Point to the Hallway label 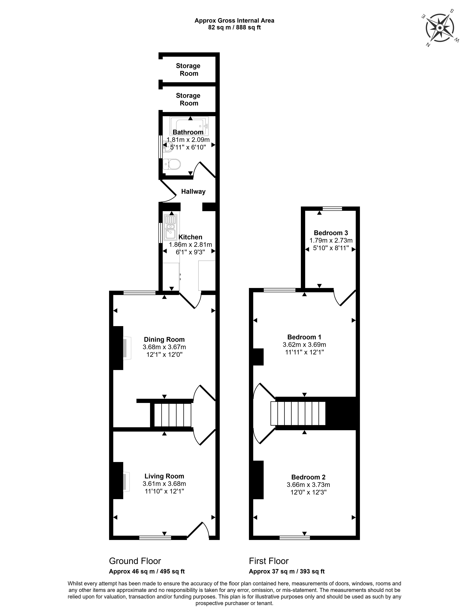point(193,191)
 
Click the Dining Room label point(164,339)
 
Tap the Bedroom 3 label point(331,233)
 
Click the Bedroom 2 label point(308,477)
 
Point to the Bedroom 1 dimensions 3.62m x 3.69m point(304,344)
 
